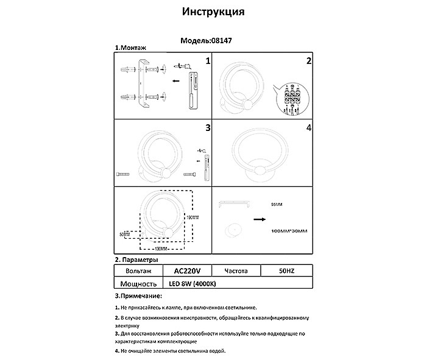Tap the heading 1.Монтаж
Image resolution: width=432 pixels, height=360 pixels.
[131, 48]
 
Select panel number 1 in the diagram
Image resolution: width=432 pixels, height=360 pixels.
[208, 61]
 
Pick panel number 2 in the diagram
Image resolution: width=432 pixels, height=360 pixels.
[309, 61]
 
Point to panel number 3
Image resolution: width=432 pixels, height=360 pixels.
[208, 128]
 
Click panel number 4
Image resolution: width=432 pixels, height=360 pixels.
[309, 128]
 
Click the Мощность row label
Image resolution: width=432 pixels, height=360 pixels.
[138, 283]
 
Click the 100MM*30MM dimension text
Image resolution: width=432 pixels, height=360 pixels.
[287, 231]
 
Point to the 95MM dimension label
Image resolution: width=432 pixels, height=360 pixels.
[276, 205]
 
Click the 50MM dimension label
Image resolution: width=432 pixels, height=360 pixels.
[125, 233]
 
